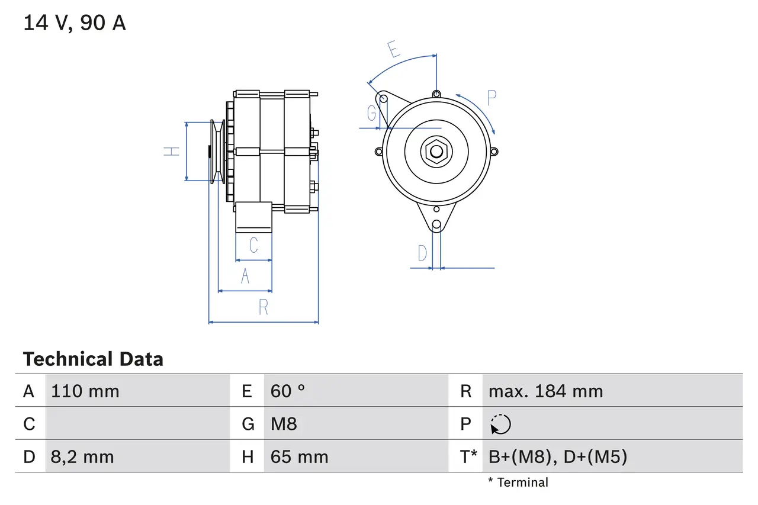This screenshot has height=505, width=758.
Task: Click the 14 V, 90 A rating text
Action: point(75,23)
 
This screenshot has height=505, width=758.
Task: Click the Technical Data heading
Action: point(93,359)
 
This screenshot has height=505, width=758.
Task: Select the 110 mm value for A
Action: point(85,391)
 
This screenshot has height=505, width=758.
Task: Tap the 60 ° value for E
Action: point(288,391)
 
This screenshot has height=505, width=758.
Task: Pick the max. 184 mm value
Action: point(545,391)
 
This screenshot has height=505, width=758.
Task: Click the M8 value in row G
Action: point(284,424)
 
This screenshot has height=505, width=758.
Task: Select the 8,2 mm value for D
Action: point(82,457)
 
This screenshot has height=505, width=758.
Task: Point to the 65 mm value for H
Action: point(299,457)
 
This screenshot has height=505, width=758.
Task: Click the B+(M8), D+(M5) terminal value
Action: point(557,457)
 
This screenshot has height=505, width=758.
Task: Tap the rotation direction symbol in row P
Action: point(500,424)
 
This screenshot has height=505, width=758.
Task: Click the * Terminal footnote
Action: point(518,483)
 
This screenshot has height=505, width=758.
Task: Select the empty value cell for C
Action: point(136,424)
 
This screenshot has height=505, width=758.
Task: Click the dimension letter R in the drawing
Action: point(264,308)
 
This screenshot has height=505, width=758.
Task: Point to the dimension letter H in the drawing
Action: point(172,152)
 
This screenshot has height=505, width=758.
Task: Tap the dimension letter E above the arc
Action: point(393,49)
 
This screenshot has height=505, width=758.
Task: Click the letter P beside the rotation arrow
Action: point(492,98)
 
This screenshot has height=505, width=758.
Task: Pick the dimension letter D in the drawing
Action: point(422,253)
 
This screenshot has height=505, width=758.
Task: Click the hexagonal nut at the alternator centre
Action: point(436,151)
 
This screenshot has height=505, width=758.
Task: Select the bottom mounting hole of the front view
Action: point(436,224)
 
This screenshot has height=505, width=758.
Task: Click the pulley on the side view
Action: point(217,152)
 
